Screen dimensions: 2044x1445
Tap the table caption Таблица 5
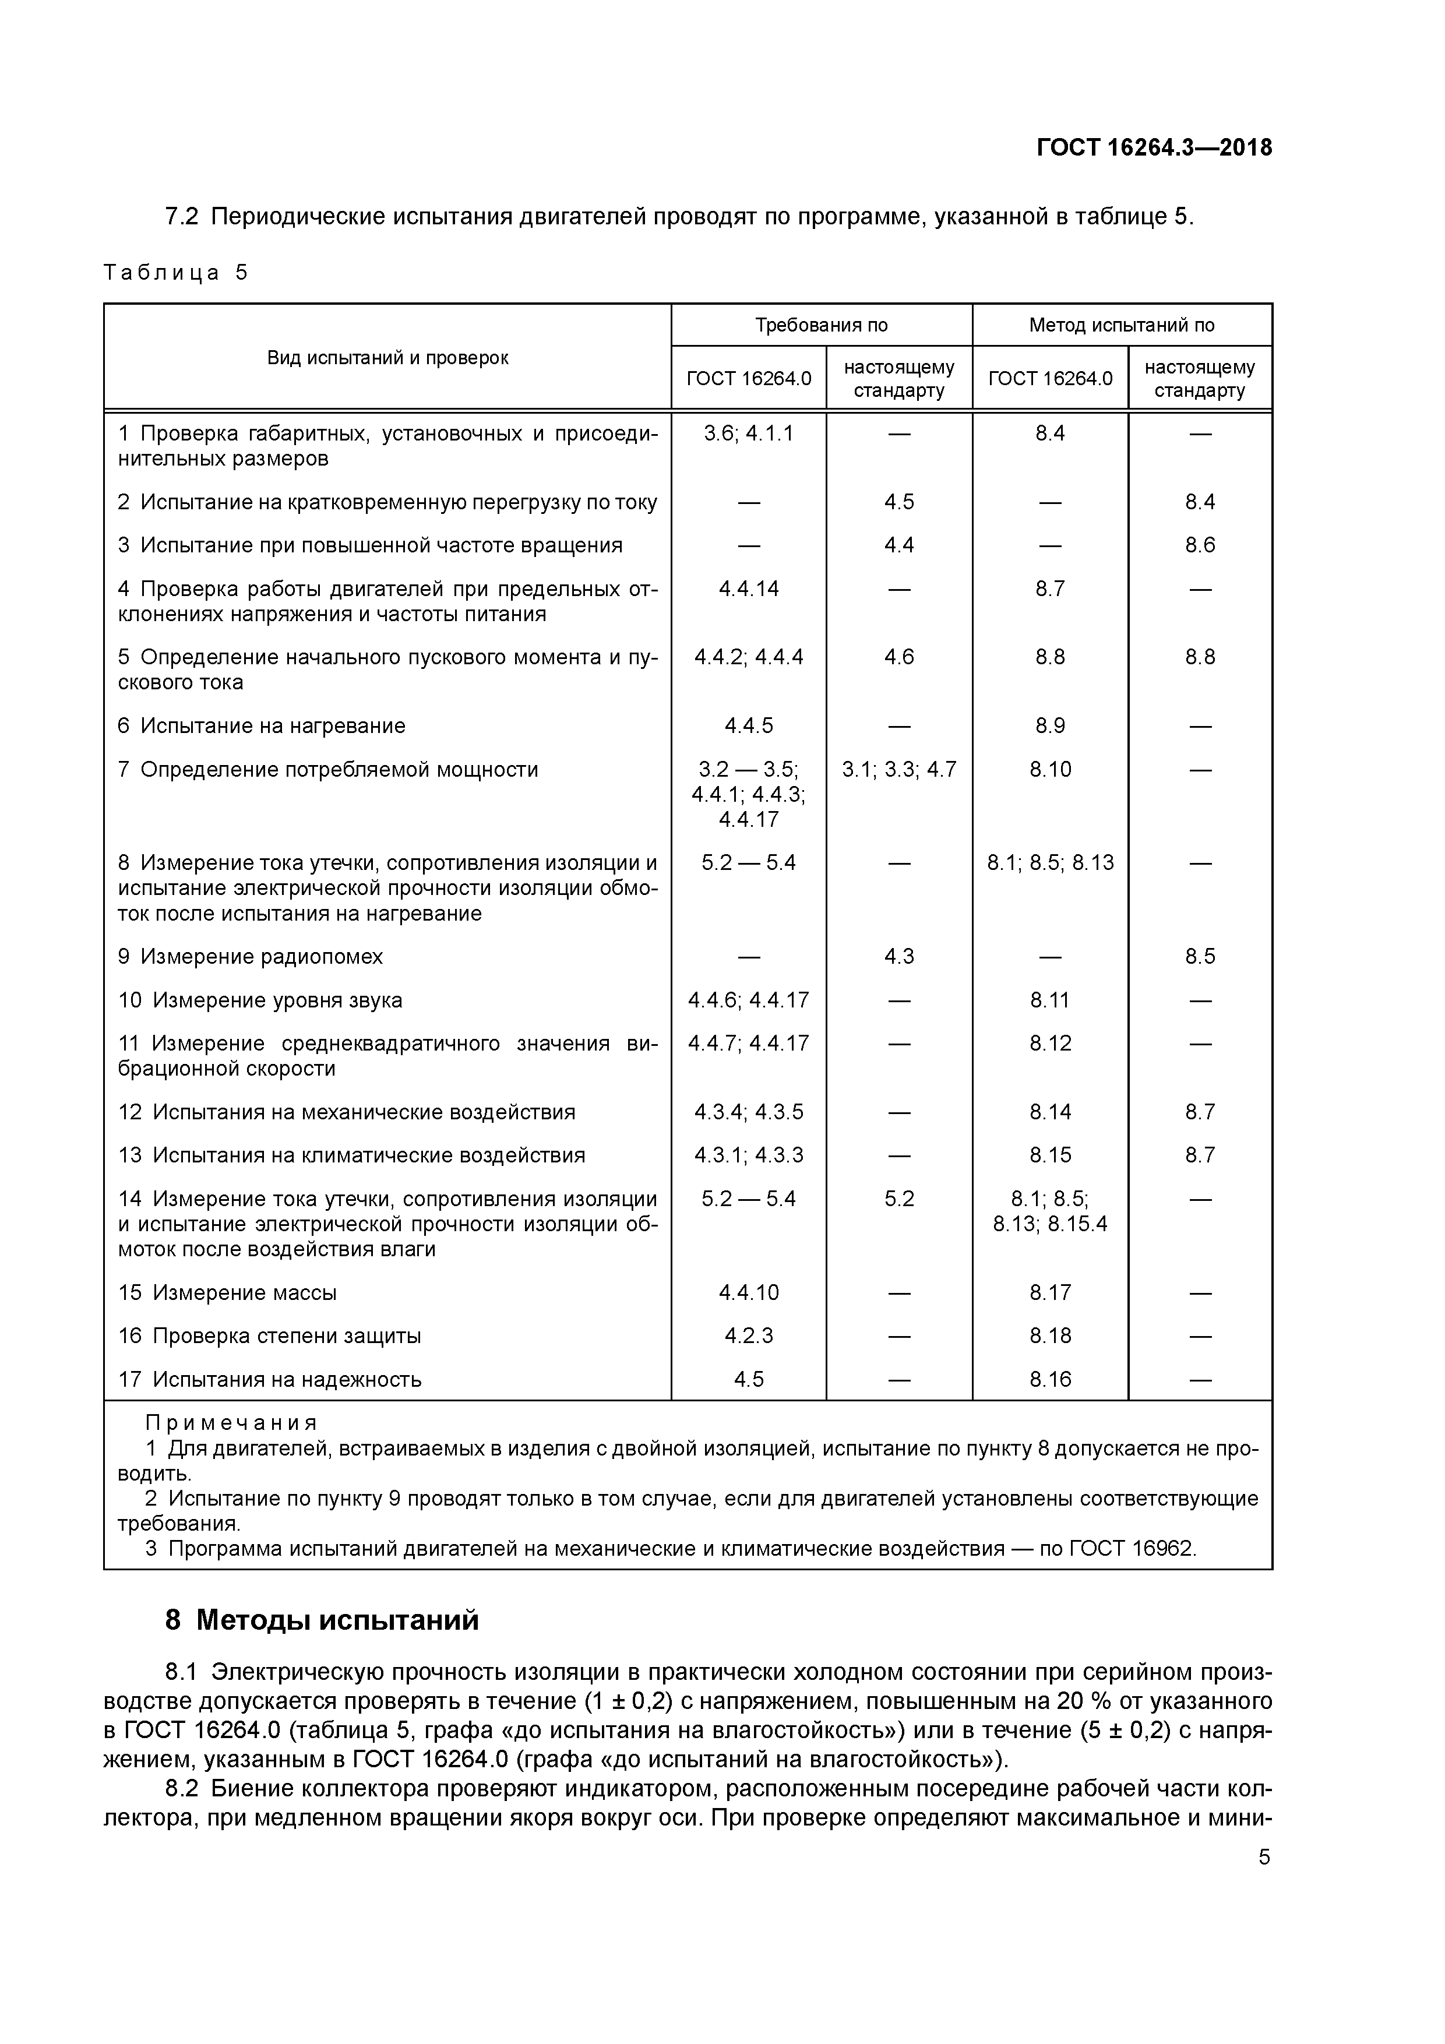coord(175,273)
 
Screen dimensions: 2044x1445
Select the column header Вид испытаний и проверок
coord(387,358)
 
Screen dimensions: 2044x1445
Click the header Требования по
coord(821,325)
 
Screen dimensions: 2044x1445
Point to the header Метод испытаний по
coord(1121,325)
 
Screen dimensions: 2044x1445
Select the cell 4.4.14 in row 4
coord(748,588)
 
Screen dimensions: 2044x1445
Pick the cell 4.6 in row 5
coord(898,657)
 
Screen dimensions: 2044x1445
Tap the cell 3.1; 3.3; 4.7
coord(898,769)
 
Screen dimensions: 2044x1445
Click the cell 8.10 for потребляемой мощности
coord(1050,769)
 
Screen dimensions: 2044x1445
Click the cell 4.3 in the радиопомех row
coord(898,957)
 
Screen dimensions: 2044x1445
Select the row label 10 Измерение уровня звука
coord(260,1000)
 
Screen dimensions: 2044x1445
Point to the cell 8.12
coord(1050,1044)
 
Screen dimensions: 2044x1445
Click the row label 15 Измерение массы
coord(227,1292)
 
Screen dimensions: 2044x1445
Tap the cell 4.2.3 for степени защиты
coord(748,1336)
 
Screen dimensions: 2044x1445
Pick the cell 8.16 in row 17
coord(1050,1380)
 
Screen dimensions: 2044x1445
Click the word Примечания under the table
coord(231,1423)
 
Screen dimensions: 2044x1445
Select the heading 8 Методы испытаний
coord(322,1620)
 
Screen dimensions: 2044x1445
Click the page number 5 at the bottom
coord(1263,1858)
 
